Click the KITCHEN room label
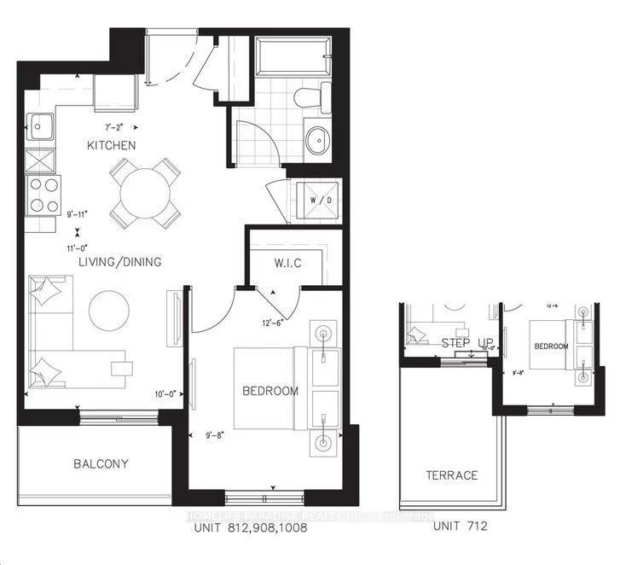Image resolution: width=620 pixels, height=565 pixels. tap(111, 146)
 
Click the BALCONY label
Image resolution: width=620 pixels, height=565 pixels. tap(101, 464)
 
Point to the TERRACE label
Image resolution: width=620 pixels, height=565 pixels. tap(452, 475)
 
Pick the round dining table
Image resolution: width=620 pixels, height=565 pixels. tap(145, 193)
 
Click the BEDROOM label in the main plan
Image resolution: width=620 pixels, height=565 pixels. tap(270, 391)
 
